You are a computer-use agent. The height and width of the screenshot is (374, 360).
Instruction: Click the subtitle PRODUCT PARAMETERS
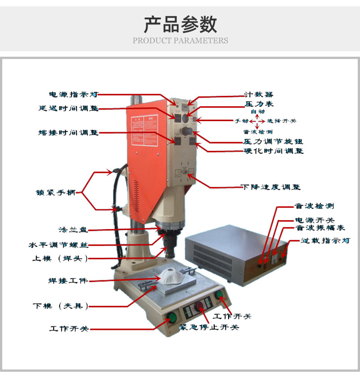pyautogui.click(x=180, y=41)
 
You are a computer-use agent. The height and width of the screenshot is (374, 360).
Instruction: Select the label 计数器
pyautogui.click(x=256, y=95)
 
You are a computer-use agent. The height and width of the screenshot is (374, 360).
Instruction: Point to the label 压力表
pyautogui.click(x=256, y=104)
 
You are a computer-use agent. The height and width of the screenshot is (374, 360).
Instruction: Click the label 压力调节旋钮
pyautogui.click(x=273, y=141)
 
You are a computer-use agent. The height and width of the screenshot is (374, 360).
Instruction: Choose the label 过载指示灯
pyautogui.click(x=325, y=241)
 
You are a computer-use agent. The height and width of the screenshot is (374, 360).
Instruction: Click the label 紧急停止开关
pyautogui.click(x=209, y=327)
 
